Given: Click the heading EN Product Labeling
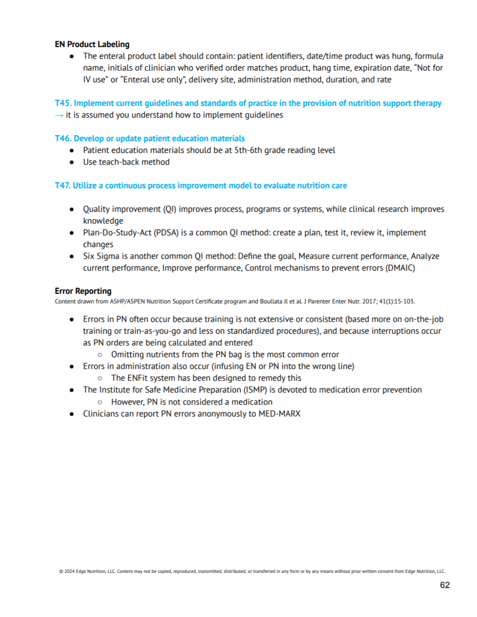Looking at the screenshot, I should pyautogui.click(x=92, y=44).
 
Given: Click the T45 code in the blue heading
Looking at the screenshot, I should pyautogui.click(x=62, y=103).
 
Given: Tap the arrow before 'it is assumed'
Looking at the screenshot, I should pyautogui.click(x=59, y=115).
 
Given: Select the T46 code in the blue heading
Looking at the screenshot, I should pyautogui.click(x=62, y=138).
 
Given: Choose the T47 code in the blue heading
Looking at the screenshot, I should pyautogui.click(x=62, y=186).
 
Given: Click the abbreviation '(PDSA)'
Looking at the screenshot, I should pyautogui.click(x=166, y=233).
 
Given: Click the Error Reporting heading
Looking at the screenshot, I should pyautogui.click(x=83, y=291).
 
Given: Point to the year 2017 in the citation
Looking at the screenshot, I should pyautogui.click(x=369, y=302).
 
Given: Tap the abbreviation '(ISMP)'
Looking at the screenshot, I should pyautogui.click(x=255, y=390).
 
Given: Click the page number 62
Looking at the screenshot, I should pyautogui.click(x=444, y=585).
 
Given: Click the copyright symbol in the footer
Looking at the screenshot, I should pyautogui.click(x=61, y=572).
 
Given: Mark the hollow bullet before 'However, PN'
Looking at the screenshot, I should pyautogui.click(x=100, y=402).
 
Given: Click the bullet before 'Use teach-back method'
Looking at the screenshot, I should pyautogui.click(x=72, y=162).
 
